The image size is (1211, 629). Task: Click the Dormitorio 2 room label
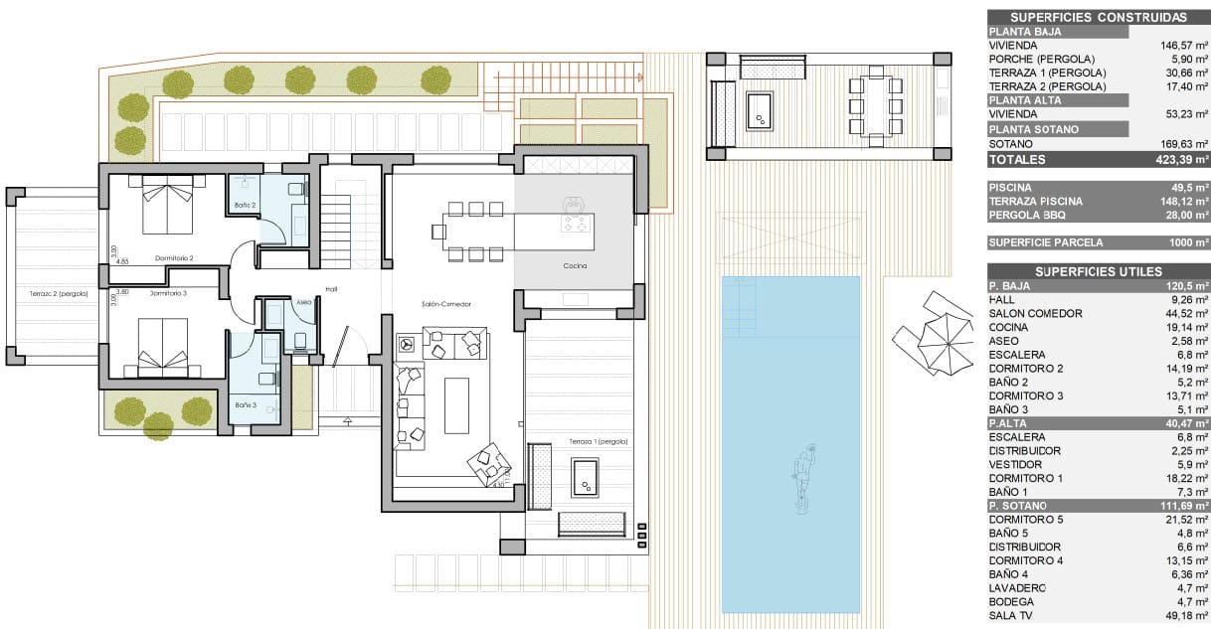tap(174, 258)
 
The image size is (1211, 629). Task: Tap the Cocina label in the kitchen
tap(574, 266)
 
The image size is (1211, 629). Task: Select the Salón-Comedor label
tap(445, 303)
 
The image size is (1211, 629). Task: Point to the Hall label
tap(331, 289)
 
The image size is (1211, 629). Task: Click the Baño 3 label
tap(246, 404)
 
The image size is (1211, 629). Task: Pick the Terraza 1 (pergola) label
tap(599, 440)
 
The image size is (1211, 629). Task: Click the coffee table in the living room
tap(455, 404)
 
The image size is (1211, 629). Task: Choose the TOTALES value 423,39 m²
tap(1181, 159)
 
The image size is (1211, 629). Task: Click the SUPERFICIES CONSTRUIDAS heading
tap(1098, 17)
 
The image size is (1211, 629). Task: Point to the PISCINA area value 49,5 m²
tap(1189, 187)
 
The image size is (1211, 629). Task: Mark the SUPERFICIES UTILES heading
tap(1098, 271)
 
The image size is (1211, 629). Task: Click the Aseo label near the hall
tap(304, 302)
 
